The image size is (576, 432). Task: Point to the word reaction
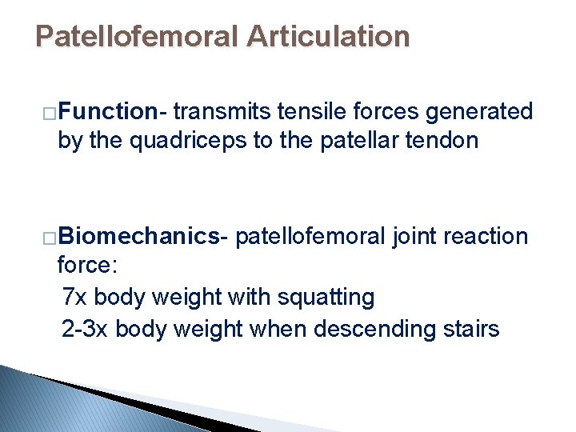(488, 236)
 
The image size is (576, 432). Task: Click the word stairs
(468, 328)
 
